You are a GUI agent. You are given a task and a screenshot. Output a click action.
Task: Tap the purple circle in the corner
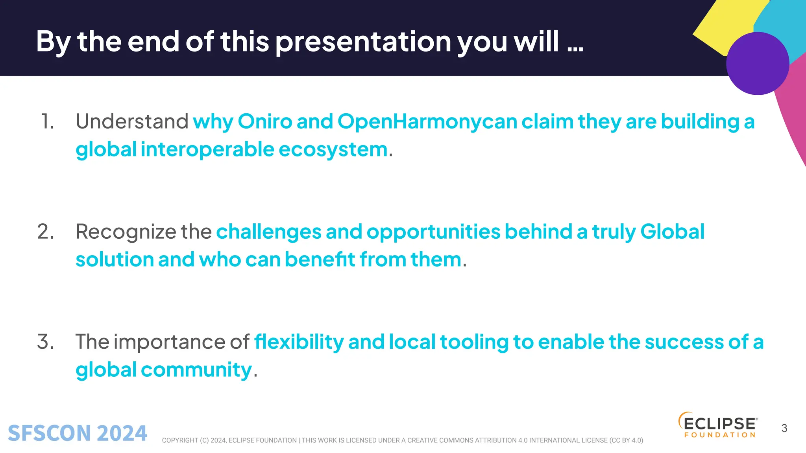tap(757, 64)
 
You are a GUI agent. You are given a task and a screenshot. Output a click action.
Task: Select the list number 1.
tap(47, 122)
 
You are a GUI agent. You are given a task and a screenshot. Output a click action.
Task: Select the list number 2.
tap(46, 232)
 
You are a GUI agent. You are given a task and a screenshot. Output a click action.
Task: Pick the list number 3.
tap(46, 342)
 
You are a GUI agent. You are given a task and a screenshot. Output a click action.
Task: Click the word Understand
tap(132, 122)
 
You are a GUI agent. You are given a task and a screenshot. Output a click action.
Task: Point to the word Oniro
tap(265, 122)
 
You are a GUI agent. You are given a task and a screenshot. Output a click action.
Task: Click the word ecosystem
tap(333, 150)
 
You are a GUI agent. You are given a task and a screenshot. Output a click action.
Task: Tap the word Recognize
tap(126, 232)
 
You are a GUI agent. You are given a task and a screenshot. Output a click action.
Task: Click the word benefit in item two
tap(320, 260)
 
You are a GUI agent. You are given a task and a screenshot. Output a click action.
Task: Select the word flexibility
tap(299, 342)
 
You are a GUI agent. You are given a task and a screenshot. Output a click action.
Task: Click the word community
tap(196, 370)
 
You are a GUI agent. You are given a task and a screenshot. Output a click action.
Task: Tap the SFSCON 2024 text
tap(78, 433)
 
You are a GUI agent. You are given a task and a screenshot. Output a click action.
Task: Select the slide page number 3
tap(784, 428)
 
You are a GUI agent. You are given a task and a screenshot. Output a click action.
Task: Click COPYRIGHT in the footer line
tap(180, 440)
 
